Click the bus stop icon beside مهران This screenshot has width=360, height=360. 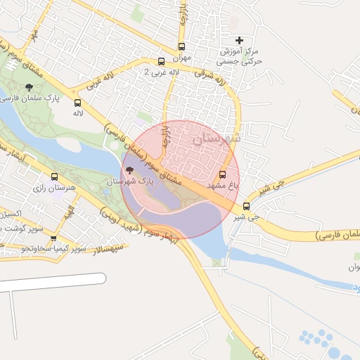pyautogui.click(x=181, y=46)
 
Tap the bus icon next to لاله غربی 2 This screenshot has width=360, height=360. pyautogui.click(x=162, y=61)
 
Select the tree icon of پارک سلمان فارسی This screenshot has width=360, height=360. pyautogui.click(x=29, y=86)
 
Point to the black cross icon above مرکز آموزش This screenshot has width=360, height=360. pyautogui.click(x=239, y=41)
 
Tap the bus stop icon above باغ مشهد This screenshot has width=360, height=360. pyautogui.click(x=223, y=174)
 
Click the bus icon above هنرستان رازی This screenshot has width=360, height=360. pyautogui.click(x=54, y=177)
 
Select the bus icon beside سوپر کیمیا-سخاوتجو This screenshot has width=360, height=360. pyautogui.click(x=53, y=237)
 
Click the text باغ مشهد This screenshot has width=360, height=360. pyautogui.click(x=224, y=185)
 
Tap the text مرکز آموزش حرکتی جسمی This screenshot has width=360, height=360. pyautogui.click(x=240, y=57)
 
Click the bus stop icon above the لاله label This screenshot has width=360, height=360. pyautogui.click(x=77, y=103)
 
